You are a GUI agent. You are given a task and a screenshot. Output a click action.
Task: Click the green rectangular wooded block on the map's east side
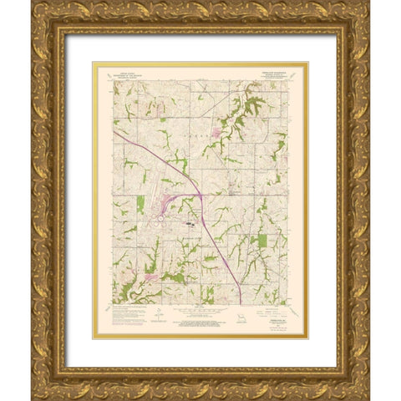262,240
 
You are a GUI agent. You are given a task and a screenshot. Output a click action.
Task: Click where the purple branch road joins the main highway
201,196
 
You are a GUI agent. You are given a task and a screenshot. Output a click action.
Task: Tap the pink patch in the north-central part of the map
220,130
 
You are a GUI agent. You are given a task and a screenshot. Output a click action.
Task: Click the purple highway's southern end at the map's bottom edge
240,302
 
